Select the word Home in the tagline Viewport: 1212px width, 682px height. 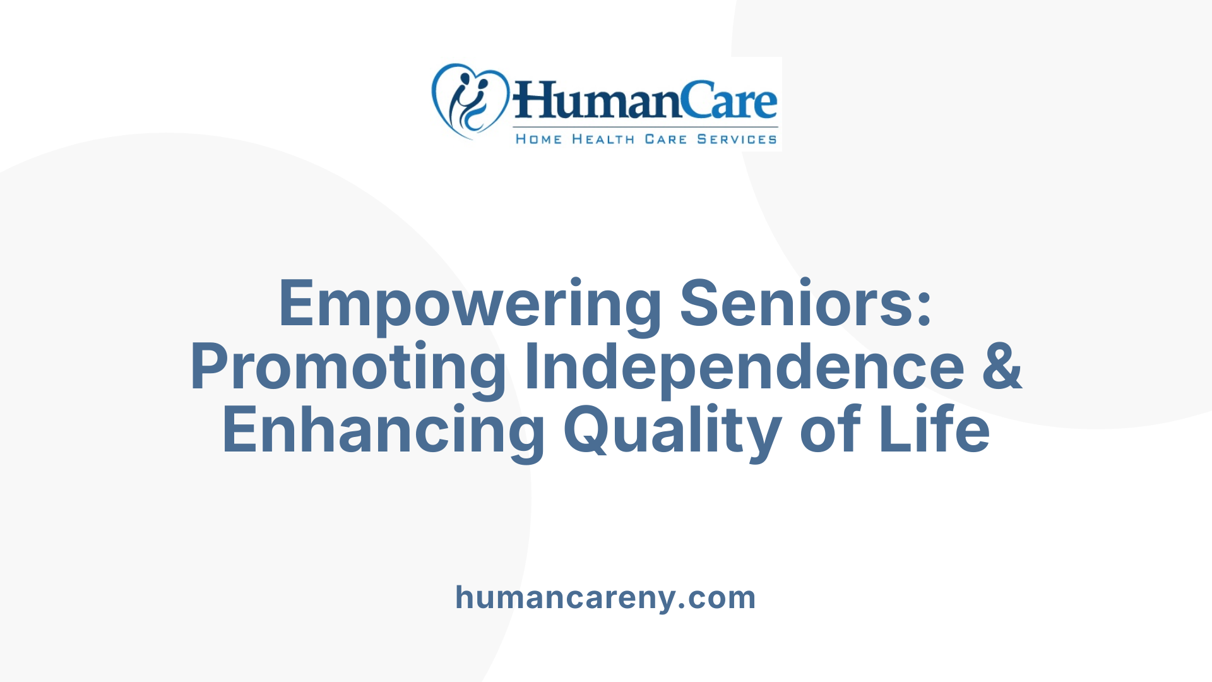(538, 139)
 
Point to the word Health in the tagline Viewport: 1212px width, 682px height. (603, 139)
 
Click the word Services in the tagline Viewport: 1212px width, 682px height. (737, 139)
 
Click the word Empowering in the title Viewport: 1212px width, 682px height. (470, 305)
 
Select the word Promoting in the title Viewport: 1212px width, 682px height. (348, 368)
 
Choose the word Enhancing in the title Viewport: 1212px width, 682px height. (383, 431)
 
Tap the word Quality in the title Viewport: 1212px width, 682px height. (672, 431)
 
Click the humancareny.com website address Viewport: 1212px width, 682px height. (605, 597)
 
